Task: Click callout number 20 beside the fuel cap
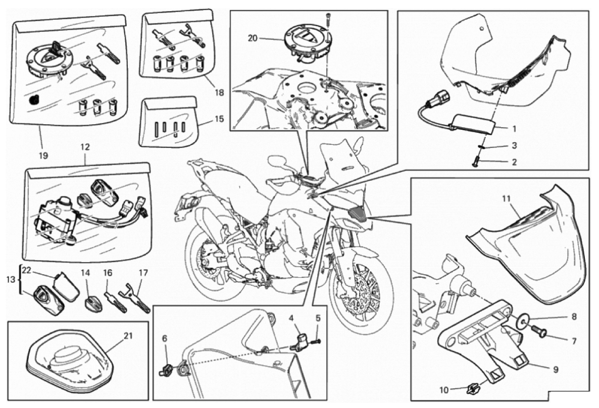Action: click(x=253, y=38)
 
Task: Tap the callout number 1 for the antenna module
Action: click(x=514, y=129)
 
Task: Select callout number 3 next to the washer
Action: click(x=514, y=145)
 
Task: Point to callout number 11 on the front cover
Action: click(x=507, y=198)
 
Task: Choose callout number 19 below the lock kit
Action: click(x=43, y=156)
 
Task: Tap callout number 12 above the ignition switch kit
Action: click(x=85, y=147)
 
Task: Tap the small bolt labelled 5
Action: click(x=316, y=341)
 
